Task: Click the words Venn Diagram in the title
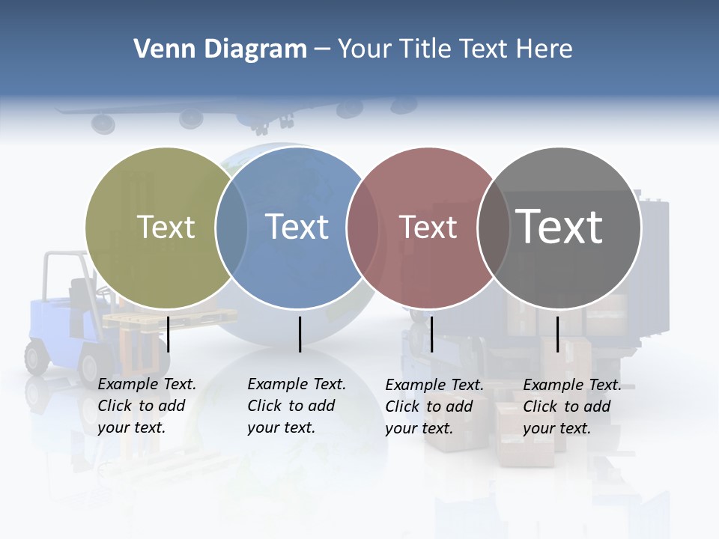(x=220, y=49)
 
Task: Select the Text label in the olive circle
(x=166, y=227)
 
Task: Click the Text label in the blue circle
(x=297, y=227)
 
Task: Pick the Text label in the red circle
(x=428, y=227)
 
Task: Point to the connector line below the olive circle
(x=169, y=334)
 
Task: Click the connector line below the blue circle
(x=300, y=334)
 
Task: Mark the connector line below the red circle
(x=432, y=334)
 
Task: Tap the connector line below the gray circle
(x=558, y=334)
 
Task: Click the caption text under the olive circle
(x=146, y=406)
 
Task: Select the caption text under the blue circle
(x=296, y=406)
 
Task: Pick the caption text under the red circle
(x=434, y=406)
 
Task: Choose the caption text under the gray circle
(x=571, y=406)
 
